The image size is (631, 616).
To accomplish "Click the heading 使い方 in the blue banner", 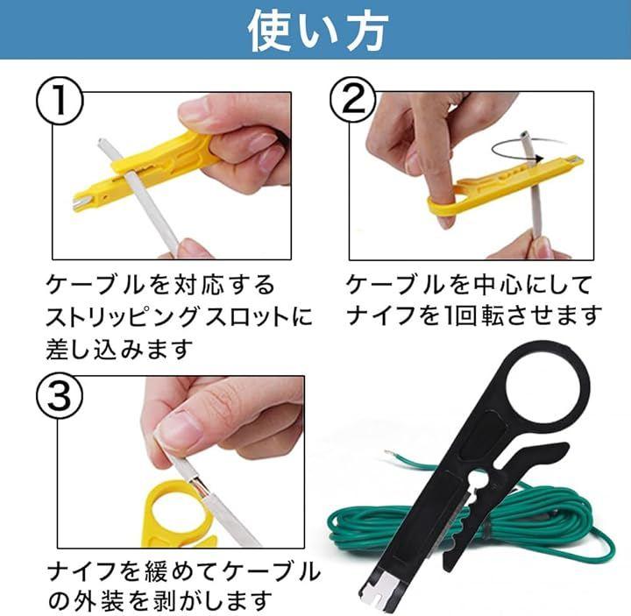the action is point(318,31).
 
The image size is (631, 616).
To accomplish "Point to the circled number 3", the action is point(60,396).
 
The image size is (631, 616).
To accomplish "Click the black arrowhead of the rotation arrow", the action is point(538,158).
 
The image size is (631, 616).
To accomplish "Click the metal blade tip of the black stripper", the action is point(382,591).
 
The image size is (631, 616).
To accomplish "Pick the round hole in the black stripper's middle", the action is point(479,479).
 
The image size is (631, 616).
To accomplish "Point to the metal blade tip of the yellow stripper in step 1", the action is point(79,202).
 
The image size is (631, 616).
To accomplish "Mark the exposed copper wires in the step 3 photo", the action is point(199,488).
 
